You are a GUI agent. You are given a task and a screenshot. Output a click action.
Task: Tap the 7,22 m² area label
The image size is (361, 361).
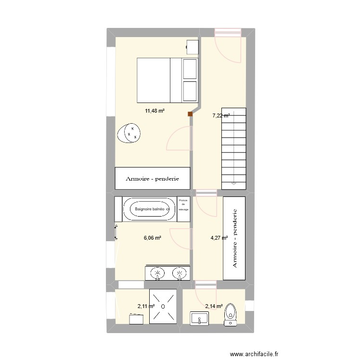221,116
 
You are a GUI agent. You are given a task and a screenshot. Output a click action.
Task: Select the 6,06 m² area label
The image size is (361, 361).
152,237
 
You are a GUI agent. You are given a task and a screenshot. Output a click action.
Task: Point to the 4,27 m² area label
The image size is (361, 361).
219,237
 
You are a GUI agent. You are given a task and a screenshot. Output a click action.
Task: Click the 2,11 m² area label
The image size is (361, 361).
146,306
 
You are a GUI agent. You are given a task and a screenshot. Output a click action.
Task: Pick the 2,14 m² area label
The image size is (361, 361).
214,306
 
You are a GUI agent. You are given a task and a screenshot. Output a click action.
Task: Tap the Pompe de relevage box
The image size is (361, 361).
183,205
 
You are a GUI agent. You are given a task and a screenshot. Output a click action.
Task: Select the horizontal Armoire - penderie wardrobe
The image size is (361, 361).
153,179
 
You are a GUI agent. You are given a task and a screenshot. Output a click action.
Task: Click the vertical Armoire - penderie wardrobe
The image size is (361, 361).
234,238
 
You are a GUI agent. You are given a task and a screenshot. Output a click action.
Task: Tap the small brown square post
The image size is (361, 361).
191,115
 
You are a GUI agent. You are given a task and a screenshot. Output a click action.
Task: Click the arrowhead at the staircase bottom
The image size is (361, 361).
233,183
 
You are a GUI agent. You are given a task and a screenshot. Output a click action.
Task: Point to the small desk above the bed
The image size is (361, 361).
193,47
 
